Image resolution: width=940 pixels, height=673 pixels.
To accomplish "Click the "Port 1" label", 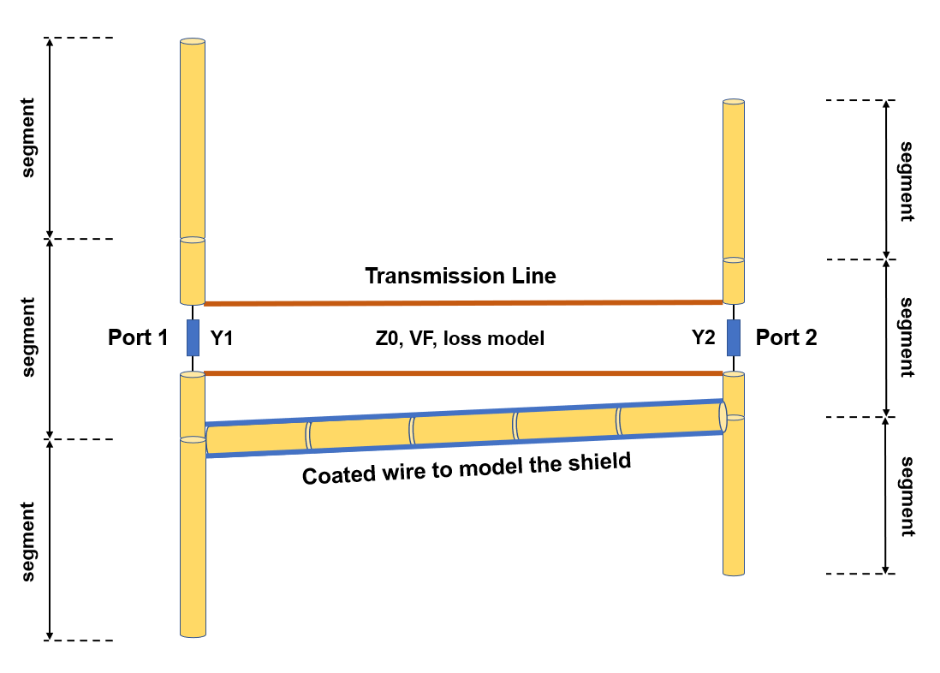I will pyautogui.click(x=138, y=337).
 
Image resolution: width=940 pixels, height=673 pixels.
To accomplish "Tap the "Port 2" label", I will pyautogui.click(x=786, y=337).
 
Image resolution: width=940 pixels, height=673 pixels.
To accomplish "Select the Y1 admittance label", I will pyautogui.click(x=222, y=338).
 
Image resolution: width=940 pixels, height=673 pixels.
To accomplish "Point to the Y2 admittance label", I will pyautogui.click(x=703, y=338).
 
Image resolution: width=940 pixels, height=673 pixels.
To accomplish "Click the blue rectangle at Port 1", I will pyautogui.click(x=193, y=337).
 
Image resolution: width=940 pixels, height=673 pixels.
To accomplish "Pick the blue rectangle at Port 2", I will pyautogui.click(x=734, y=337).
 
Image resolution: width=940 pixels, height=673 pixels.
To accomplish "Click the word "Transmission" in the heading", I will pyautogui.click(x=425, y=276).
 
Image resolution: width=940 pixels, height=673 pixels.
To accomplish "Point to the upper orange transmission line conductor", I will pyautogui.click(x=462, y=302).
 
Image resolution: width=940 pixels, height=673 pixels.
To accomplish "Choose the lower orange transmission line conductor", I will pyautogui.click(x=462, y=372).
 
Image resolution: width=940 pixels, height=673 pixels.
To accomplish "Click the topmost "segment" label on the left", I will pyautogui.click(x=28, y=138).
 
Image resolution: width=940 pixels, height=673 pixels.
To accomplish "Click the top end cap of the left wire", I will pyautogui.click(x=193, y=41).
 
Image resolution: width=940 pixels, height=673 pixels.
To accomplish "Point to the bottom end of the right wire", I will pyautogui.click(x=734, y=573).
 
